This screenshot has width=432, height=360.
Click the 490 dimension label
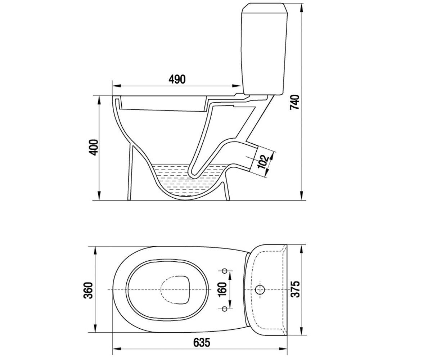tap(177, 80)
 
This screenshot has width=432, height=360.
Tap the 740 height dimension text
tap(294, 102)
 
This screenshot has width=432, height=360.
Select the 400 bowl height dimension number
tap(94, 147)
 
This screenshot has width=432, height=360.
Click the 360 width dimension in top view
tap(88, 290)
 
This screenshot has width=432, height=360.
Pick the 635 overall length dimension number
tap(202, 342)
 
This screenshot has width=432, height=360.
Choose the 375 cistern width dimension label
tap(295, 289)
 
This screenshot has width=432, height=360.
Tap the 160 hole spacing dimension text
tap(222, 289)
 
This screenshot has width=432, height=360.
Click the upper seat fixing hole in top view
tap(225, 271)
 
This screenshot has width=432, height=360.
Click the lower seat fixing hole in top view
tap(225, 309)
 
